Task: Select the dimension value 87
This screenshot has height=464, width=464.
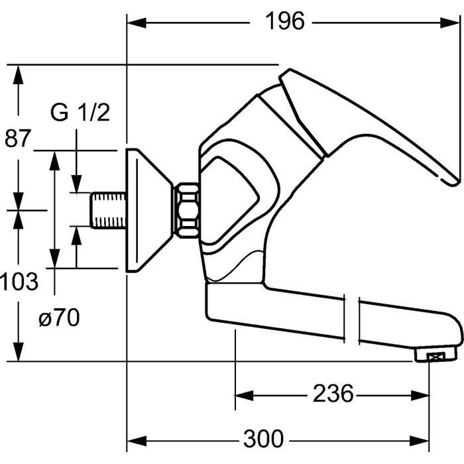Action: (18, 139)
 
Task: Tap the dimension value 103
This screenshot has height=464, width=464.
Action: (19, 282)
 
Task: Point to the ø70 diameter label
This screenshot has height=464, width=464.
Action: (59, 319)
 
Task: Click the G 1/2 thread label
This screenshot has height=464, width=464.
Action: (80, 113)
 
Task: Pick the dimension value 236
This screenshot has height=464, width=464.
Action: (333, 395)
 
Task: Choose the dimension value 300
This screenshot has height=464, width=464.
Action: (262, 439)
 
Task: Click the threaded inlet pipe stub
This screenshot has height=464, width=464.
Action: (107, 210)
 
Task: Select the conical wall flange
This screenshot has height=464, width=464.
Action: (148, 209)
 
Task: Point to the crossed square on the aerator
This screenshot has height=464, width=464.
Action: (434, 357)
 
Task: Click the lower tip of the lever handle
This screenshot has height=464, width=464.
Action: (454, 181)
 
